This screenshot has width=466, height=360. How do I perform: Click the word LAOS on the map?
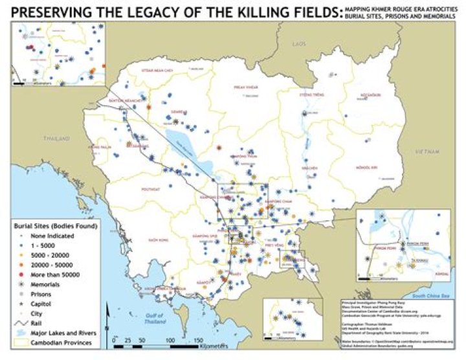tap(298, 43)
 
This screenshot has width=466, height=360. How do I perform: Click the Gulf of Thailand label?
tap(153, 300)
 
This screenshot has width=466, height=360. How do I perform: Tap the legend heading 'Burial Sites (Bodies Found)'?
tap(55, 227)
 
